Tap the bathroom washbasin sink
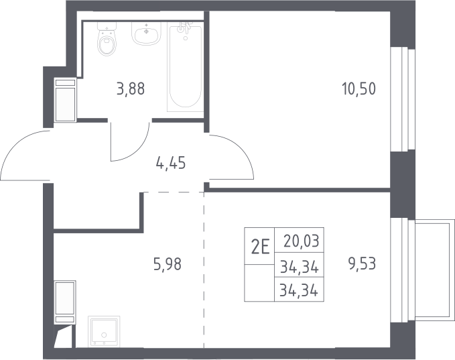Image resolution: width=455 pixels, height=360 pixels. [146, 34]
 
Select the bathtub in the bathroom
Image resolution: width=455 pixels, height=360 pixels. [185, 68]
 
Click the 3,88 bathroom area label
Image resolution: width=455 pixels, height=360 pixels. [131, 88]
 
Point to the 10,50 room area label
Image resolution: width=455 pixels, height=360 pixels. [359, 88]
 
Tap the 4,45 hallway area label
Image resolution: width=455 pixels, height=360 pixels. [171, 163]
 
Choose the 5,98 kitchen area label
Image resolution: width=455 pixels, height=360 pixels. [168, 264]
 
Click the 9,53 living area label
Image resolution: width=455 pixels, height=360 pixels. [362, 264]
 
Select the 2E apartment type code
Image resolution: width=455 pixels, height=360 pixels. [260, 247]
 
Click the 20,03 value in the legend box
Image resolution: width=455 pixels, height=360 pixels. [302, 241]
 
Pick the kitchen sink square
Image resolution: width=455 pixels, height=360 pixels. [104, 331]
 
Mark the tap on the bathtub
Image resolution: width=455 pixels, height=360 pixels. [184, 29]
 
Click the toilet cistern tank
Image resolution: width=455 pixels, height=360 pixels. [107, 26]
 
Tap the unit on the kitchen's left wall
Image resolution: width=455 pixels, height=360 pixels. [65, 302]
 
